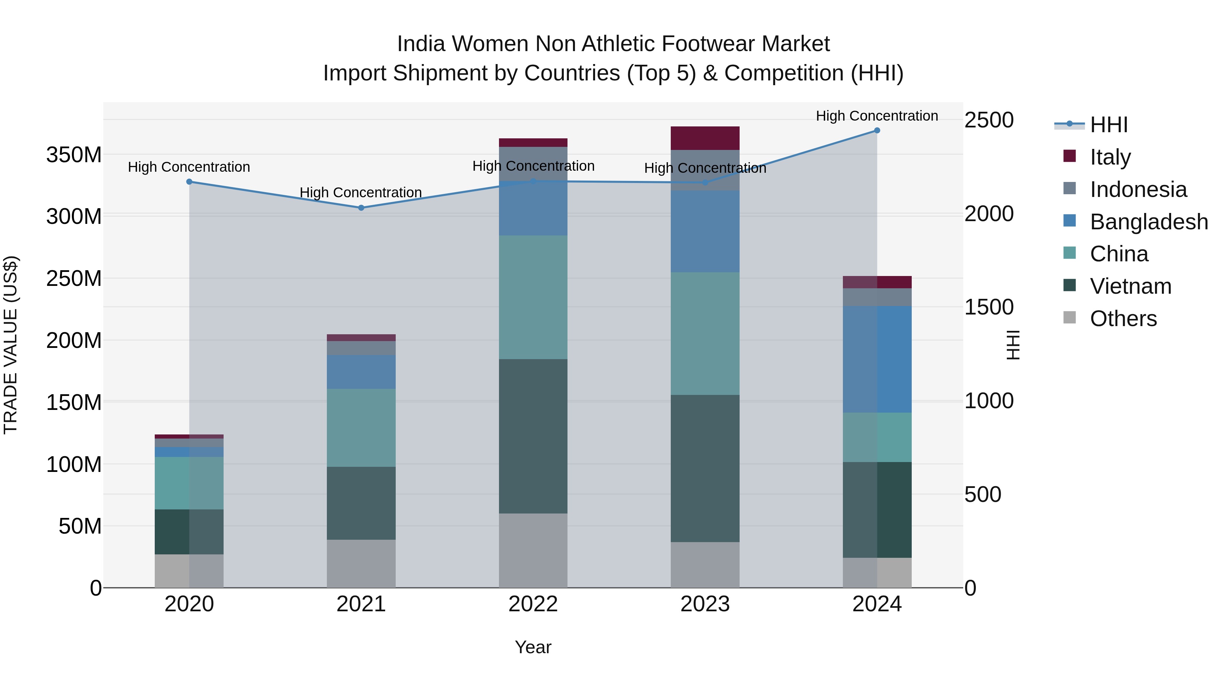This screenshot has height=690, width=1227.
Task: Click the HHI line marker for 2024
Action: (877, 131)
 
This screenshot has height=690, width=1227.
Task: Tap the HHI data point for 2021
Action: (361, 208)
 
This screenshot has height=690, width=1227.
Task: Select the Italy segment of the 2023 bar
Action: (705, 138)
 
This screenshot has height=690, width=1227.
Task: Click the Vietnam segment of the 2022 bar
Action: (533, 436)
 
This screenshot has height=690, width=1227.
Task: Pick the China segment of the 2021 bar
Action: (361, 428)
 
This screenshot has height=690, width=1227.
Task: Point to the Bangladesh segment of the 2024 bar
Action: (877, 359)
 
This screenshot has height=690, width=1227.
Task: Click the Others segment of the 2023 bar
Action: (705, 565)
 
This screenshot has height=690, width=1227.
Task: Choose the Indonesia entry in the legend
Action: (1138, 189)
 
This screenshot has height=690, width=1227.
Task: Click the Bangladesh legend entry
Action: (1148, 222)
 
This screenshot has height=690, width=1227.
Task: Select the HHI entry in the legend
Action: (1108, 125)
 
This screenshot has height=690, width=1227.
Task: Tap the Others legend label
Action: (1123, 319)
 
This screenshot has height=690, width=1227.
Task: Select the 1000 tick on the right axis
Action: (989, 401)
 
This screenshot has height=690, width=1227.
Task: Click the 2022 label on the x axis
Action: (533, 604)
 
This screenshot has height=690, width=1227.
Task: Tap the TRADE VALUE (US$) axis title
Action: (11, 345)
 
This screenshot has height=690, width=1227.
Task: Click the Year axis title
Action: (533, 647)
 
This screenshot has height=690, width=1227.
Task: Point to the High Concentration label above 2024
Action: (877, 116)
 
